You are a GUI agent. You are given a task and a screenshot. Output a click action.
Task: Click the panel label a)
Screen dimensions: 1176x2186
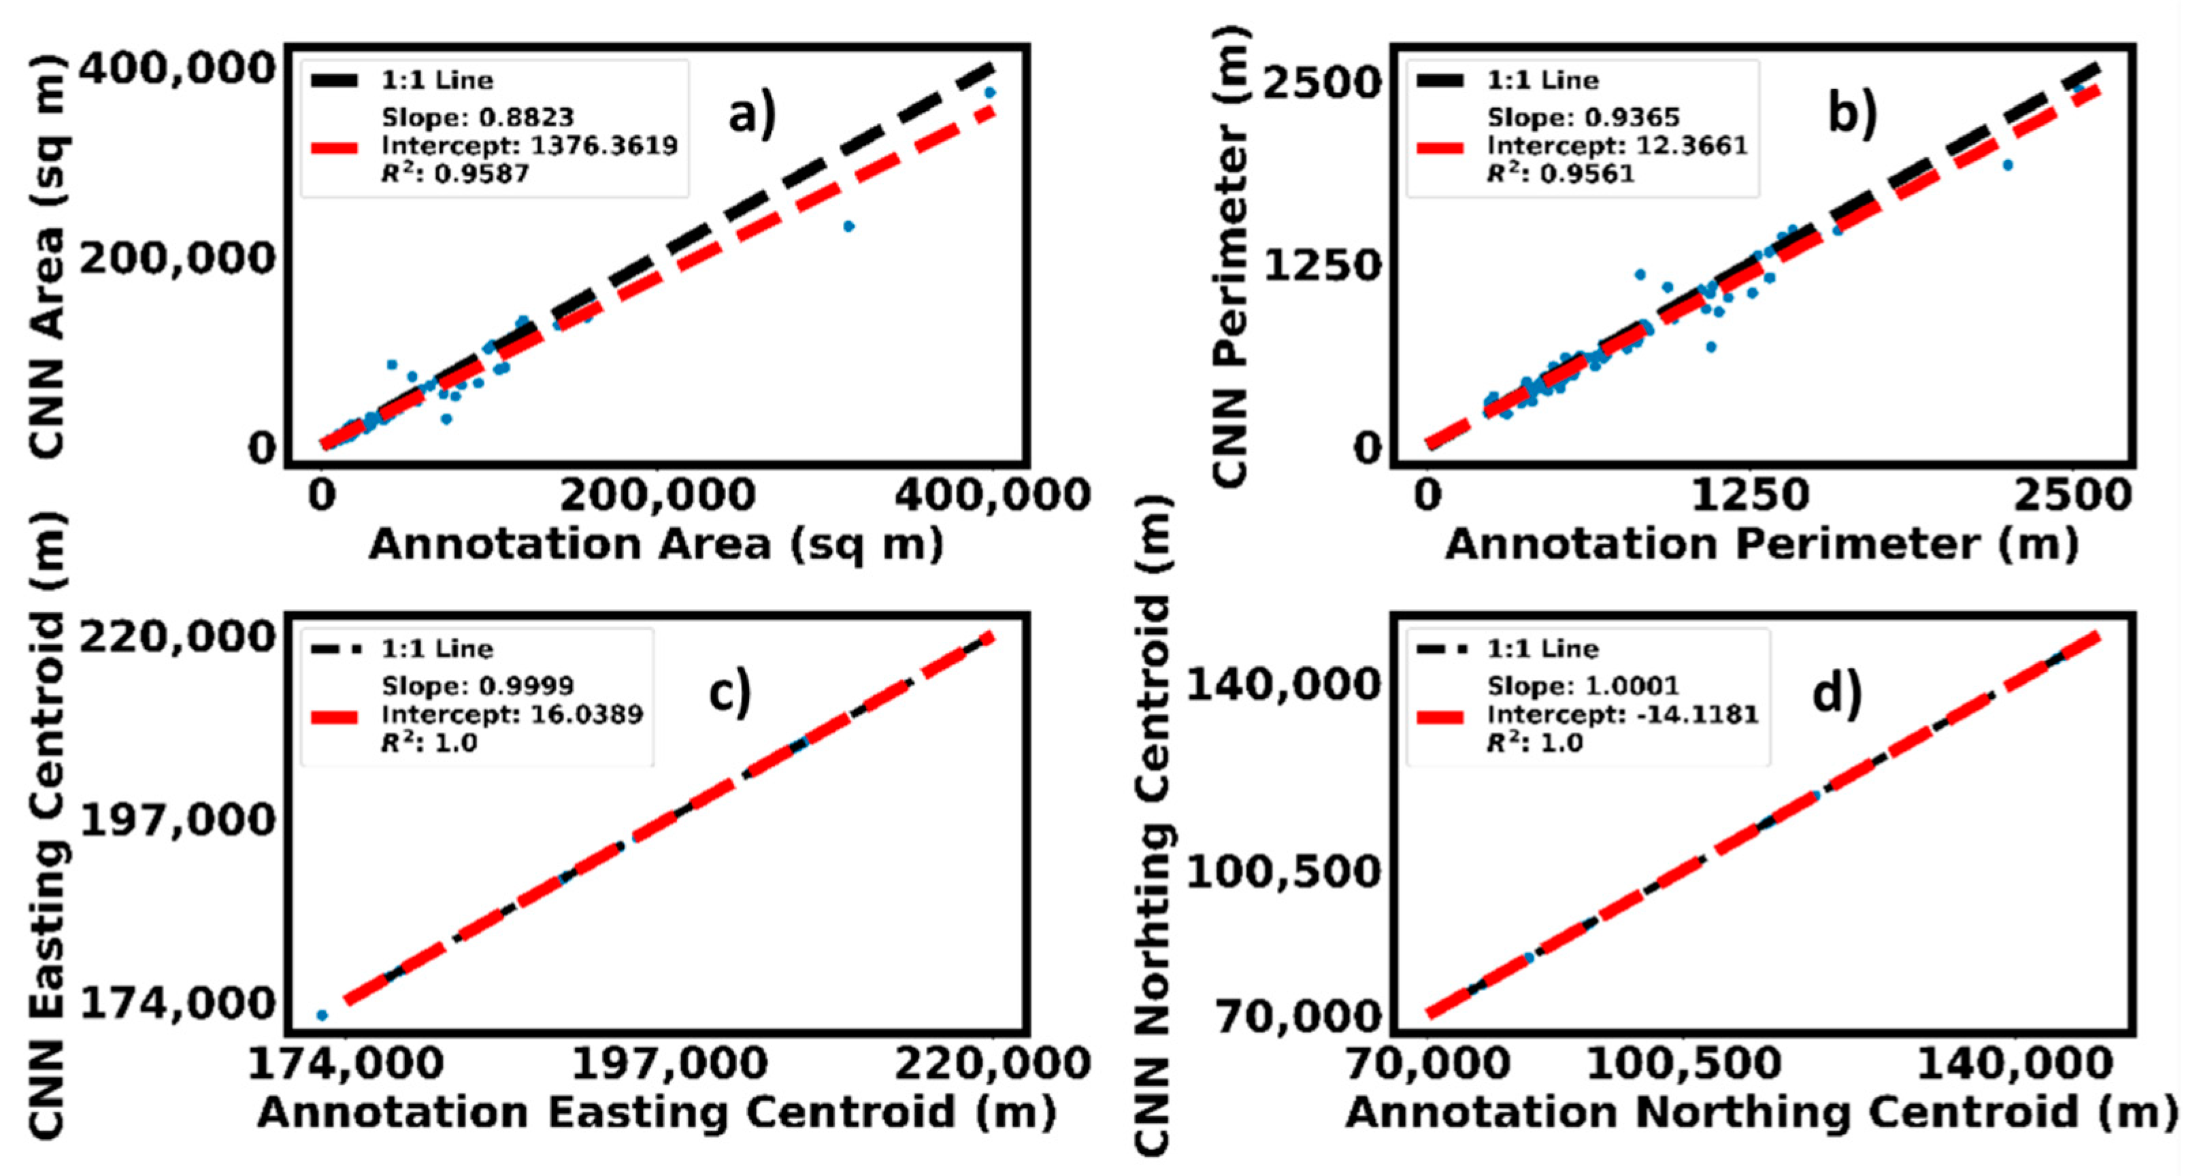tap(752, 114)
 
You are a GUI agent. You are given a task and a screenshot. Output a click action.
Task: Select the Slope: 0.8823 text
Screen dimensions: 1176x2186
tap(477, 117)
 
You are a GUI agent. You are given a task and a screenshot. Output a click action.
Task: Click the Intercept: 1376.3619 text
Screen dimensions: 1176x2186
tap(529, 146)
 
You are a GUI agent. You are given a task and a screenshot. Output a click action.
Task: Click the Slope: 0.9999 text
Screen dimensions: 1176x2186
tap(477, 686)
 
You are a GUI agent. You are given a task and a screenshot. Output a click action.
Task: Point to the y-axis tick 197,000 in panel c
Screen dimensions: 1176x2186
tap(178, 820)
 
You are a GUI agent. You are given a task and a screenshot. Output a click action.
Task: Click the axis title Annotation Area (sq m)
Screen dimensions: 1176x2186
tap(655, 545)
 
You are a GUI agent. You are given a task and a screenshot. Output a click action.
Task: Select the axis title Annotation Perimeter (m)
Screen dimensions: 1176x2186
tap(1761, 545)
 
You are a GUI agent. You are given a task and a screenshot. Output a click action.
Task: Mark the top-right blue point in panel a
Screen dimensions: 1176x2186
tap(989, 93)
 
